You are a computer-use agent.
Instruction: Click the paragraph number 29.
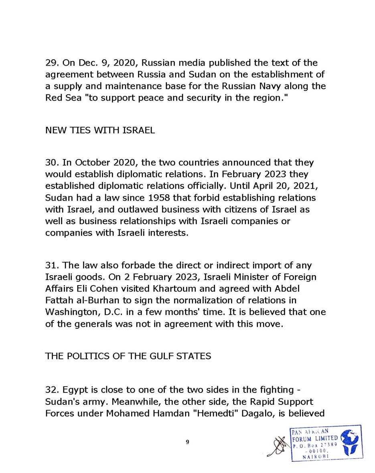pyautogui.click(x=51, y=63)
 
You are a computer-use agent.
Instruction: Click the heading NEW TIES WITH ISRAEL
pyautogui.click(x=100, y=131)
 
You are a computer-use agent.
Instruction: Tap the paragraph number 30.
pyautogui.click(x=51, y=163)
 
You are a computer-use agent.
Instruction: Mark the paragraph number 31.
pyautogui.click(x=51, y=266)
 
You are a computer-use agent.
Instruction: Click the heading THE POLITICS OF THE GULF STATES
pyautogui.click(x=128, y=356)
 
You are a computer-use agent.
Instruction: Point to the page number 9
pyautogui.click(x=187, y=442)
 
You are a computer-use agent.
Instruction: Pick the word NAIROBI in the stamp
pyautogui.click(x=316, y=456)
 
